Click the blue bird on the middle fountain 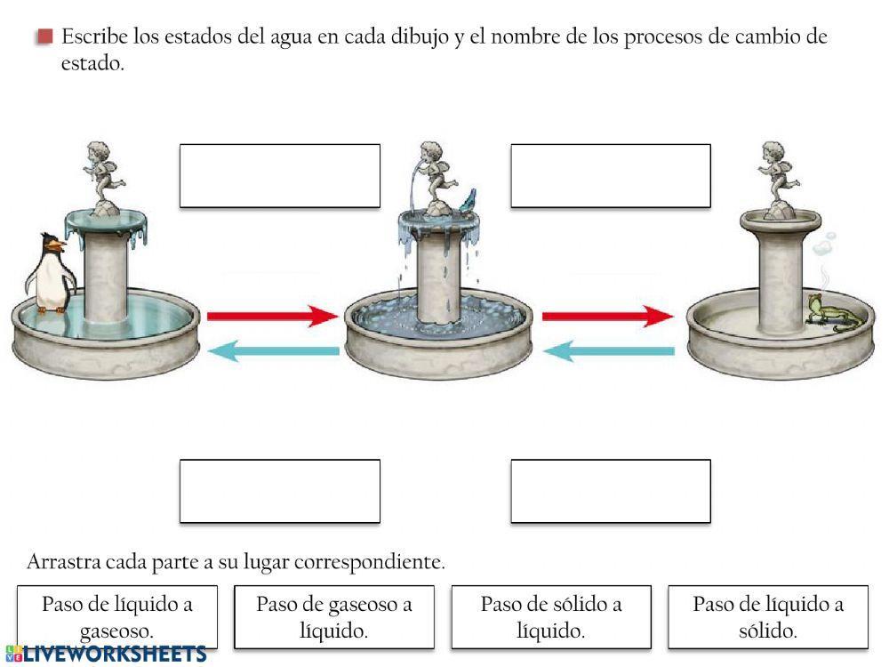click(469, 197)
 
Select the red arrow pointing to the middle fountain click(272, 316)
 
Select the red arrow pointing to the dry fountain click(607, 316)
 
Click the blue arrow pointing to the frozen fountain click(273, 351)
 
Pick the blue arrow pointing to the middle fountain click(608, 352)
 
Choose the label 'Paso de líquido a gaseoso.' click(117, 617)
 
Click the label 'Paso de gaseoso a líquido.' click(334, 617)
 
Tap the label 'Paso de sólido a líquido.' click(551, 617)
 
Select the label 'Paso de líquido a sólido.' click(768, 617)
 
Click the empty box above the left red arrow click(280, 176)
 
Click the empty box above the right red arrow click(611, 176)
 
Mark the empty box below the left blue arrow click(280, 491)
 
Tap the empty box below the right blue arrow click(611, 491)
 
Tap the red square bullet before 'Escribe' click(45, 37)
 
